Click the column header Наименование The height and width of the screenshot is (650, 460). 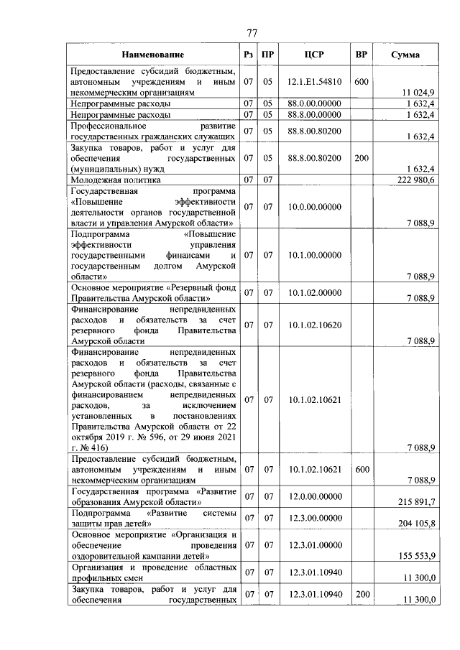tap(152, 55)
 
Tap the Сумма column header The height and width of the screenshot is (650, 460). tap(406, 55)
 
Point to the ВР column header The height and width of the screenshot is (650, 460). tap(362, 55)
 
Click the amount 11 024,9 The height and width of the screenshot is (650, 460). tap(418, 93)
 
